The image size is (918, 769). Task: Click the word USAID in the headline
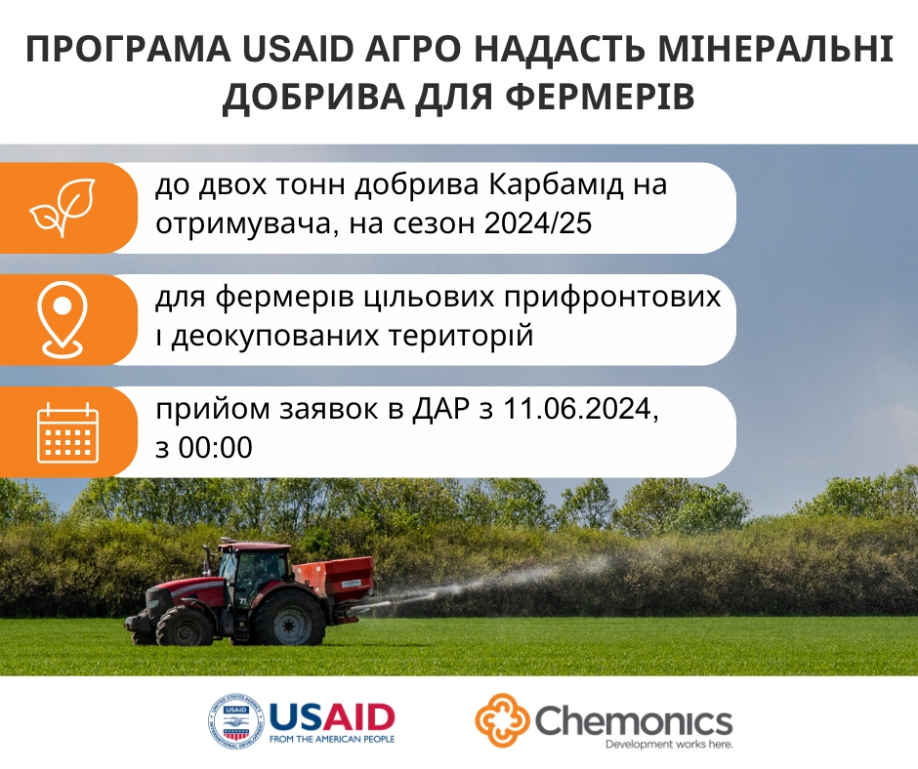point(298,50)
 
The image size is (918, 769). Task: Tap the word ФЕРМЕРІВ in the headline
point(600,97)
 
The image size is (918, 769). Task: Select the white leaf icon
point(63,208)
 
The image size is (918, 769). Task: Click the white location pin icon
point(63,319)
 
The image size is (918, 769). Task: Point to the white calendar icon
point(68,433)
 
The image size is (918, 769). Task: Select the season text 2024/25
point(537,223)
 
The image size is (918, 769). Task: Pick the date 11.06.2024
point(577,409)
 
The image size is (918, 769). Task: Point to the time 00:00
point(216,448)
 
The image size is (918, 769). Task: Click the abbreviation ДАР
point(440,409)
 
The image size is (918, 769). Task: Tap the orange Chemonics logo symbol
point(502,720)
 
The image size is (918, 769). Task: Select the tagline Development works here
point(669,745)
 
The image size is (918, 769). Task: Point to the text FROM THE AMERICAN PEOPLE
point(332,739)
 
